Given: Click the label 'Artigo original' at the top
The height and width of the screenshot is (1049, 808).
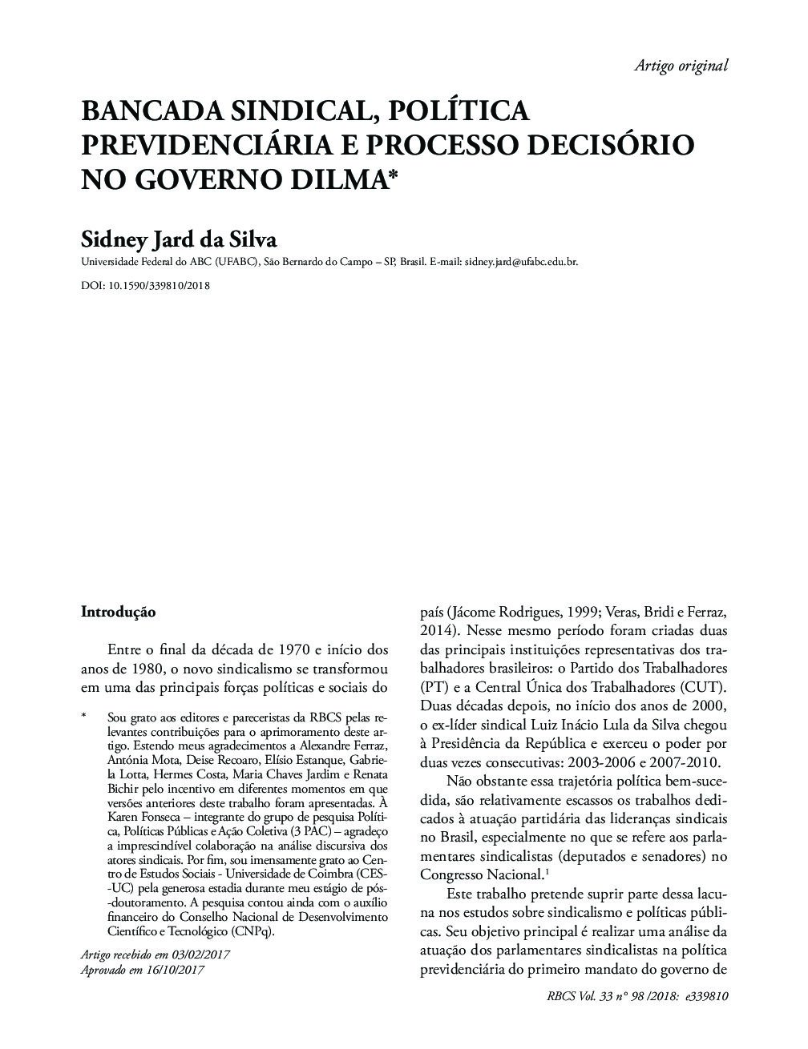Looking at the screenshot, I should tap(681, 66).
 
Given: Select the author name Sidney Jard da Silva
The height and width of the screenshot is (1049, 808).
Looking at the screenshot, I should tap(180, 239).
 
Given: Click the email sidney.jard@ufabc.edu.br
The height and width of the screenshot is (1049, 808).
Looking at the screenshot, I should tap(521, 262).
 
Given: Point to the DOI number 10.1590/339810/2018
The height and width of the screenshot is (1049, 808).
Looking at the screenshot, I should tap(159, 285).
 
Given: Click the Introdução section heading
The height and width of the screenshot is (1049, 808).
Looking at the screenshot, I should tap(118, 612).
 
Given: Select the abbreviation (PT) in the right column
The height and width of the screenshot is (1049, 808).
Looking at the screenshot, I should tap(433, 686).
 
